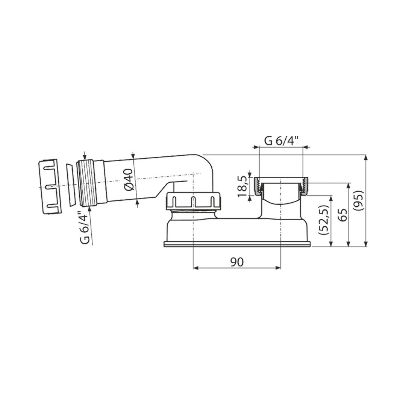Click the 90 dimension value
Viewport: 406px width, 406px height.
point(237,262)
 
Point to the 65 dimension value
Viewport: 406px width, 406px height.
point(343,214)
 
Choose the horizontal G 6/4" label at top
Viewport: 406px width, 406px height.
point(281,141)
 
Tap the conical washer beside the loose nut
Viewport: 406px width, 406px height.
point(70,185)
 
